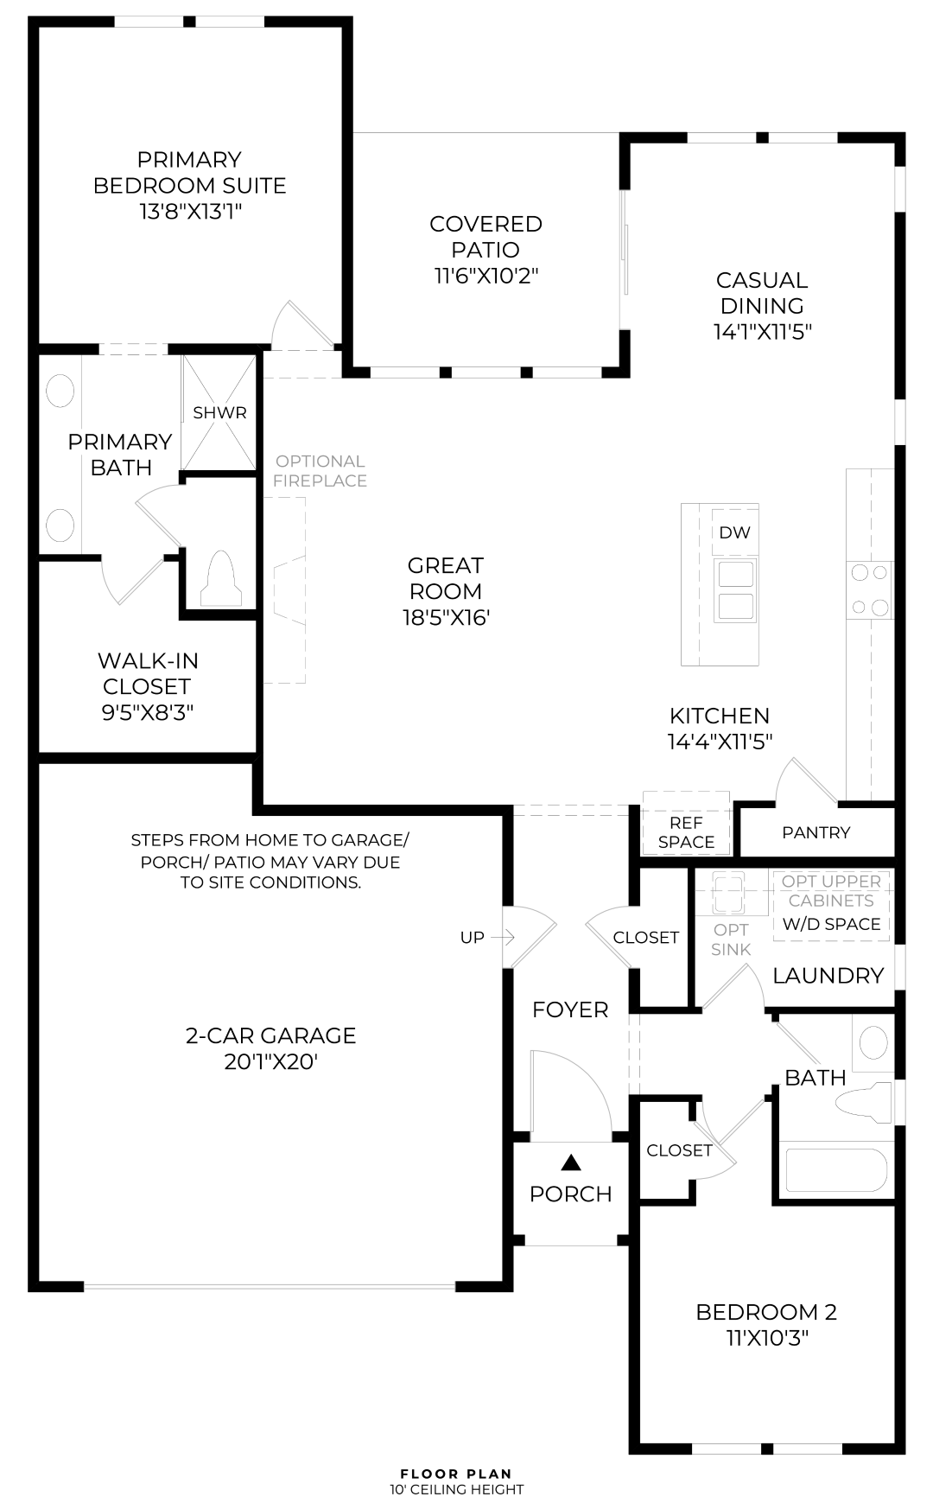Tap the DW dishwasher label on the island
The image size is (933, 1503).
click(735, 532)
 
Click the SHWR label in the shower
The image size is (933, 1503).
click(220, 413)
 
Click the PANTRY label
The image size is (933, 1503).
click(816, 832)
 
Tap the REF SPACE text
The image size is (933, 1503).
click(687, 832)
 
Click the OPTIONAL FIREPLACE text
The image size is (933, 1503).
click(321, 471)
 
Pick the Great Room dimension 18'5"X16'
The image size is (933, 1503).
click(446, 618)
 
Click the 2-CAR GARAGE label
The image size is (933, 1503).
click(271, 1035)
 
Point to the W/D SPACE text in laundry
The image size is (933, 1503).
click(832, 924)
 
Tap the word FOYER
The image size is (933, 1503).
click(570, 1009)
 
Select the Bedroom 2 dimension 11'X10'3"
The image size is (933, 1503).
click(766, 1339)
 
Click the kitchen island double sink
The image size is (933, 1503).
click(734, 590)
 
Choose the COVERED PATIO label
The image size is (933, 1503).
click(486, 237)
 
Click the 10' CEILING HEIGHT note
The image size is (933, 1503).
click(456, 1489)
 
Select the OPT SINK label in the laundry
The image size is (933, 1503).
click(732, 939)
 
